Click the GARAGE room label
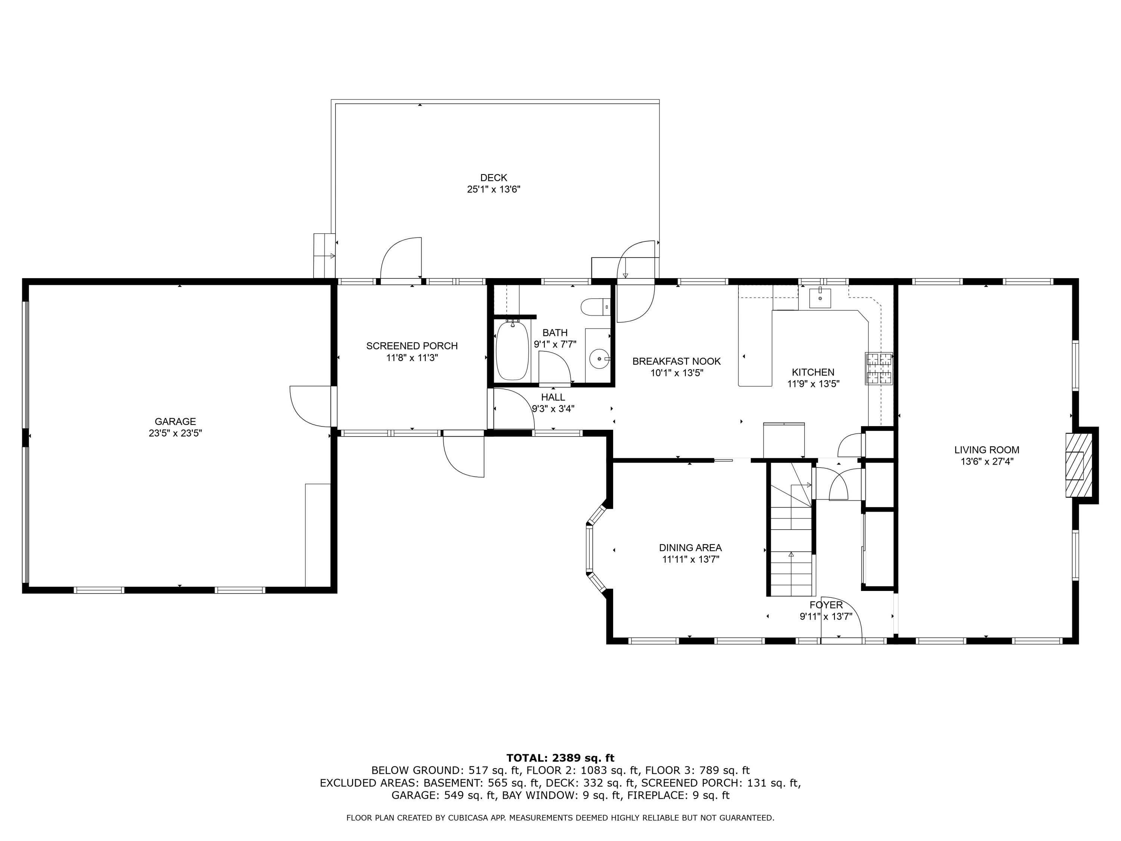click(175, 421)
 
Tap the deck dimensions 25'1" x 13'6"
click(493, 190)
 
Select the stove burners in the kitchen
click(879, 368)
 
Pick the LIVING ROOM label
click(986, 450)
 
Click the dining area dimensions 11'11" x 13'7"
click(690, 560)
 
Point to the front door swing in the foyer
click(841, 619)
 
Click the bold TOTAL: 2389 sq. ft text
click(560, 758)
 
